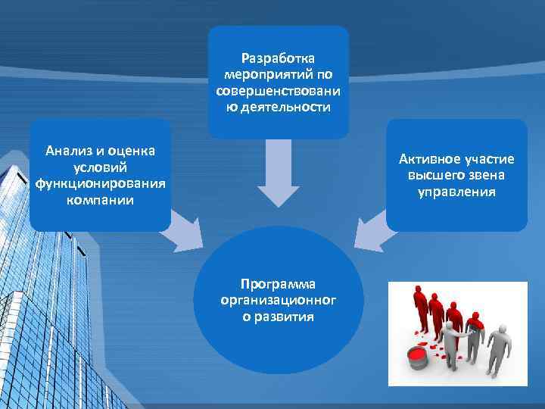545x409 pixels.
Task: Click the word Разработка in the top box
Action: point(279,58)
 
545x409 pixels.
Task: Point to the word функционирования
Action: point(100,184)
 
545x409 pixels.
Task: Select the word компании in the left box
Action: point(100,201)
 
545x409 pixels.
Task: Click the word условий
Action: point(100,167)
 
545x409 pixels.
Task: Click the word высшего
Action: point(435,175)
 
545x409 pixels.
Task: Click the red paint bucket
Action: point(418,355)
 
